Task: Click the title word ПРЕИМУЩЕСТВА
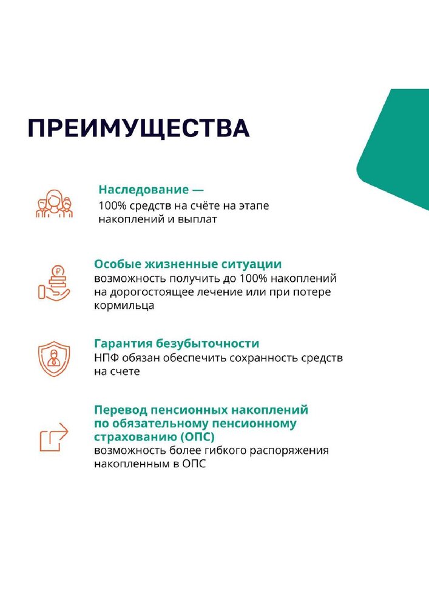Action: pos(138,128)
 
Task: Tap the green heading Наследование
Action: pos(144,189)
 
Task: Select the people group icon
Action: pos(54,203)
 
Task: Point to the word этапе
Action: pos(254,205)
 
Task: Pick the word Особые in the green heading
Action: pos(118,264)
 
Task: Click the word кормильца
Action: pos(124,305)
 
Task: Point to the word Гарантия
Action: pos(123,343)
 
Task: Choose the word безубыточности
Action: pos(208,343)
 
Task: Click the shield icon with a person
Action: pos(54,359)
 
